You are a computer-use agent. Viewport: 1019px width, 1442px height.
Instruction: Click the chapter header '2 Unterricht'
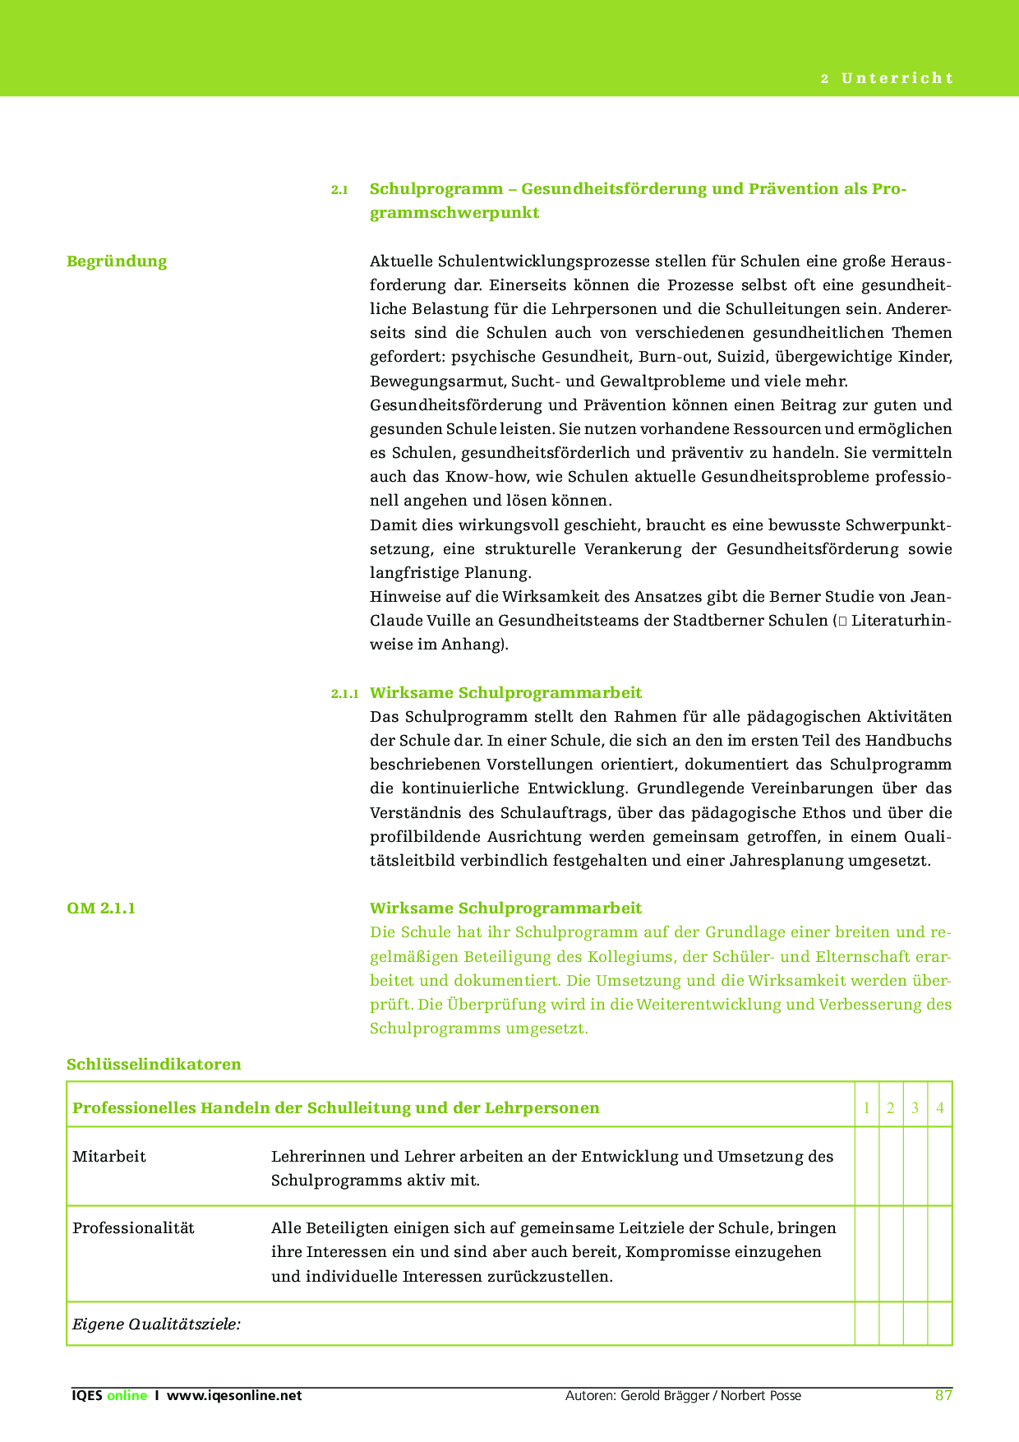click(887, 79)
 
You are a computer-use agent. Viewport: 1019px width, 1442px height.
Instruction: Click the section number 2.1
click(339, 190)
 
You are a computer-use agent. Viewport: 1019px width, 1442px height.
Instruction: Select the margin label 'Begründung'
click(117, 261)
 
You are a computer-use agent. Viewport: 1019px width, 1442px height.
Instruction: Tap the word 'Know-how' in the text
click(483, 477)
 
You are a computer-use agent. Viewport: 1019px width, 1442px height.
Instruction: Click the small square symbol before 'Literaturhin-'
click(841, 622)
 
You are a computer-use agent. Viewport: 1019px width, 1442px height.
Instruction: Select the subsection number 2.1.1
click(344, 694)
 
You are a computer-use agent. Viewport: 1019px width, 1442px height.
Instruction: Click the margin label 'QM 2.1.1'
click(101, 908)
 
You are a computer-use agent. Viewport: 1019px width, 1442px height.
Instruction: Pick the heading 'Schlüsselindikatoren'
click(154, 1065)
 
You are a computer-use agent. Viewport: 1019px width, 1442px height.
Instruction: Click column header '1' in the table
click(867, 1108)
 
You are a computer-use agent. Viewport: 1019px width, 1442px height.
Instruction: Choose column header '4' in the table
click(940, 1108)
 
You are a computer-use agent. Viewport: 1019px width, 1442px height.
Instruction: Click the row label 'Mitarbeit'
click(109, 1157)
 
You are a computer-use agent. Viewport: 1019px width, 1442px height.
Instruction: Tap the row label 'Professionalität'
click(133, 1228)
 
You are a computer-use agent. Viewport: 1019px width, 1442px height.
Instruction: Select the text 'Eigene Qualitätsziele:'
click(156, 1324)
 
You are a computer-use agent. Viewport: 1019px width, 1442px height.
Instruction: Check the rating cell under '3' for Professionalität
click(915, 1253)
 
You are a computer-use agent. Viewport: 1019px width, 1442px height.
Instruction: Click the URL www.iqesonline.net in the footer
click(234, 1396)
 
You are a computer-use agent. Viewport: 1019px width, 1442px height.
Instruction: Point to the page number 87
click(943, 1396)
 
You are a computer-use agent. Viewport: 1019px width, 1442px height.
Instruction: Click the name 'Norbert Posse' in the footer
click(761, 1396)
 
